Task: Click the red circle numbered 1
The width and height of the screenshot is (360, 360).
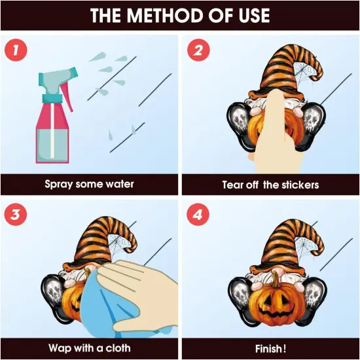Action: [16, 50]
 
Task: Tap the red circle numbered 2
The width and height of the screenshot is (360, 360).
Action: [198, 50]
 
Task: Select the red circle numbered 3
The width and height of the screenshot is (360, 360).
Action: [16, 215]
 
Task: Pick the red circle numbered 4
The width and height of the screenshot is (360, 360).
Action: [198, 215]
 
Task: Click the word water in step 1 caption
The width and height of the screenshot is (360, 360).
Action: [120, 184]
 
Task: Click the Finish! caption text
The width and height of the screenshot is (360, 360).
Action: [271, 349]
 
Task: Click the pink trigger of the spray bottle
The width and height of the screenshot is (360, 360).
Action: [67, 97]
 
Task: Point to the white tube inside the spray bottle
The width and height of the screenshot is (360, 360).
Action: [52, 130]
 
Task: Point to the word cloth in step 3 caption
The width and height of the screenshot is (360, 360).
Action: [118, 348]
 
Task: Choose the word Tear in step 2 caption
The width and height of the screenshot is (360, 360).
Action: [232, 185]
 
